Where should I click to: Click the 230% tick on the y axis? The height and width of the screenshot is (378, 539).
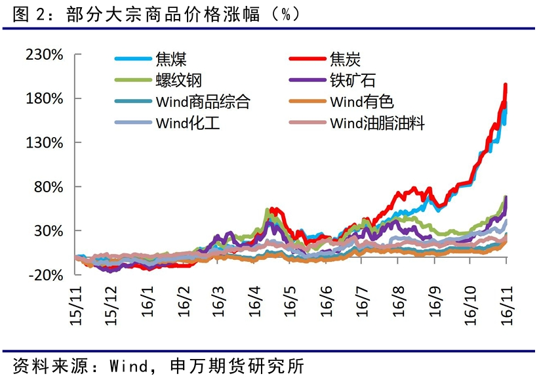click(45, 54)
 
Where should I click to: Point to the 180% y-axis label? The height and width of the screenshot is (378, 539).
click(45, 98)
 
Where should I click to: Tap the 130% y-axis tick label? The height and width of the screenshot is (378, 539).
click(45, 142)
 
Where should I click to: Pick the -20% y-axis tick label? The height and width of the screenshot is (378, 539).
click(45, 274)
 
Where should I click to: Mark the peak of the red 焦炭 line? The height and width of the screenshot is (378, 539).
click(505, 85)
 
